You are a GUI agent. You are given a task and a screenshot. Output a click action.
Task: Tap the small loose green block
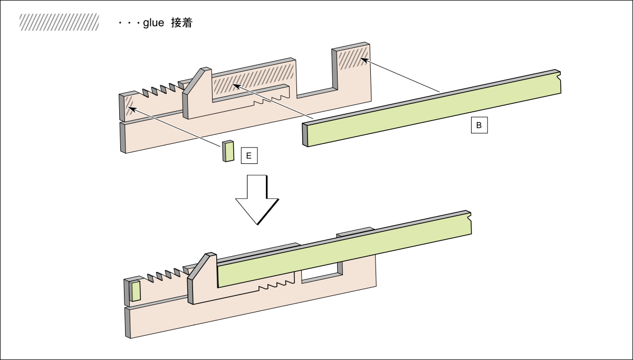click(228, 151)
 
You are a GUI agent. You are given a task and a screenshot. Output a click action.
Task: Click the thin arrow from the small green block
click(174, 126)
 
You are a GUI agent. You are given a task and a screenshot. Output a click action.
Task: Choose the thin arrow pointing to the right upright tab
click(401, 76)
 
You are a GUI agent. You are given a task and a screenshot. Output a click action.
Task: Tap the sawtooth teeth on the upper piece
click(159, 90)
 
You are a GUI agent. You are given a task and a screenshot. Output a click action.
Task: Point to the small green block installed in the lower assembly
click(136, 291)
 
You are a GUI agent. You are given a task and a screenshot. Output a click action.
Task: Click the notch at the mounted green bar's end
click(469, 217)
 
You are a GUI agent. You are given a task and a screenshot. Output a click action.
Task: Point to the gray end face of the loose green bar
click(305, 134)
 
